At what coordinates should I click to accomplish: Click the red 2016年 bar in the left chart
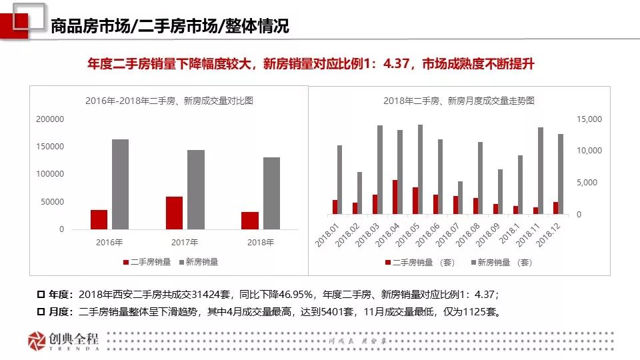pos(99,219)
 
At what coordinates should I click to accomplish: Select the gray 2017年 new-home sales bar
pos(196,189)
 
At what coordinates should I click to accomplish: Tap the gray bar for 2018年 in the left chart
pos(271,193)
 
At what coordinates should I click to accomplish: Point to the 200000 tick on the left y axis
pos(50,119)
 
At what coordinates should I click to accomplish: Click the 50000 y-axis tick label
pos(53,202)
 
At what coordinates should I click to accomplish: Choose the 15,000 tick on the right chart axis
pos(588,119)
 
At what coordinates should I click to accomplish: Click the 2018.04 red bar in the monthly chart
pos(395,197)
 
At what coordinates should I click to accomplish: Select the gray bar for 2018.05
pos(420,169)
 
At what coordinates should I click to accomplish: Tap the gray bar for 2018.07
pos(460,197)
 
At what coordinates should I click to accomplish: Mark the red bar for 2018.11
pos(535,210)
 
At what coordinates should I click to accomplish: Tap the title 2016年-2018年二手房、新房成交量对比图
pos(169,101)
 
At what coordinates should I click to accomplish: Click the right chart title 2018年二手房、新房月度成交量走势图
pos(459,101)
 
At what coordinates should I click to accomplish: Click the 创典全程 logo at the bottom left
pos(63,341)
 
